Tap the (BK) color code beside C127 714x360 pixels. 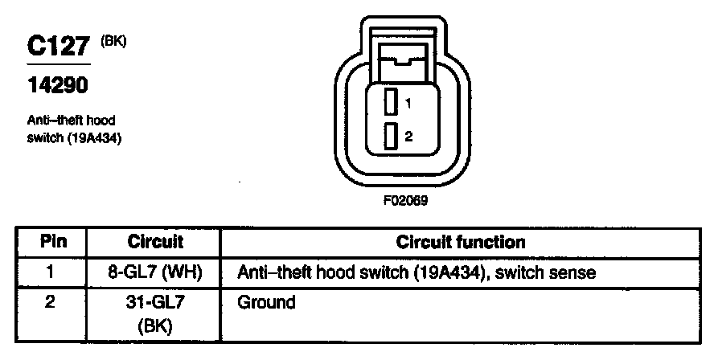pos(113,39)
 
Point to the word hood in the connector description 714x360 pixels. pos(102,120)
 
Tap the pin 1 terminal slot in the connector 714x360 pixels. pos(390,103)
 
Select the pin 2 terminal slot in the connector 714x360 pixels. pos(390,137)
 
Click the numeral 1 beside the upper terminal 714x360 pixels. pos(408,104)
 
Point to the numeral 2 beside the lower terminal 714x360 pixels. pos(408,137)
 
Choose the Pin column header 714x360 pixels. pos(53,242)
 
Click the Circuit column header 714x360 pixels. pos(155,242)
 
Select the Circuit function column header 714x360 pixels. pos(461,242)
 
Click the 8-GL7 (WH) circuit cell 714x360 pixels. pos(155,272)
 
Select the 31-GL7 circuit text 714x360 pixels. pos(155,303)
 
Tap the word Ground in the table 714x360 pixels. pos(267,303)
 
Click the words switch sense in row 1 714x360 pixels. pos(546,272)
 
